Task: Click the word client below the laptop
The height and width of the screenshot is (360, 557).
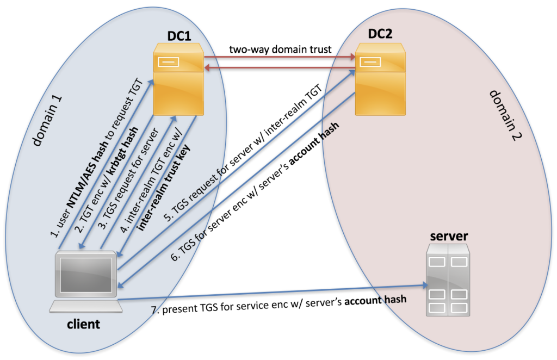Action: point(83,325)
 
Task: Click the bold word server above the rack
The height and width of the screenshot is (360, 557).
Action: point(449,237)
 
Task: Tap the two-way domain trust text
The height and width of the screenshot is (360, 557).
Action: point(280,49)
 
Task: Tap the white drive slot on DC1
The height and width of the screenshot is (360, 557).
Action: point(167,62)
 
